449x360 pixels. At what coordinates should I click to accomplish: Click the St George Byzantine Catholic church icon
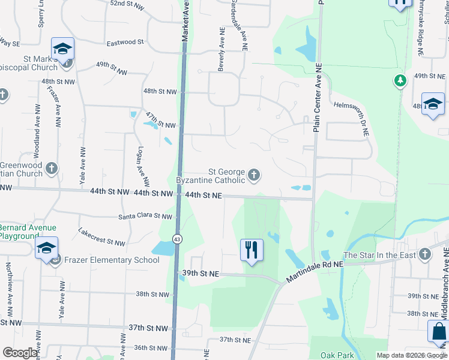click(x=255, y=175)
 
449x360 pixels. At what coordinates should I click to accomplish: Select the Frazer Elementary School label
click(x=112, y=260)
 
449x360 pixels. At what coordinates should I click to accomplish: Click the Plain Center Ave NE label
click(x=319, y=99)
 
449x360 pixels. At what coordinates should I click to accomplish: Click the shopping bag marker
click(x=438, y=332)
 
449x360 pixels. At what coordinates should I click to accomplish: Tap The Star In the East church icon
click(x=425, y=254)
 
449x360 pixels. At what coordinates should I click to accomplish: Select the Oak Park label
click(x=337, y=355)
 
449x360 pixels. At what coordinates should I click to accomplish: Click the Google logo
click(x=20, y=353)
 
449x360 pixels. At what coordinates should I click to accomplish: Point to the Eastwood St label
click(x=125, y=43)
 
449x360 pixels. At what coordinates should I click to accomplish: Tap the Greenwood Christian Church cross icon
click(x=52, y=168)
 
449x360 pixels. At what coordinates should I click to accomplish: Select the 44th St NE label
click(x=203, y=195)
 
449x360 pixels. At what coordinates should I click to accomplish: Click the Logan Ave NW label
click(x=143, y=166)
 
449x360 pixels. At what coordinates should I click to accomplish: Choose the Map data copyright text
click(x=412, y=355)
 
